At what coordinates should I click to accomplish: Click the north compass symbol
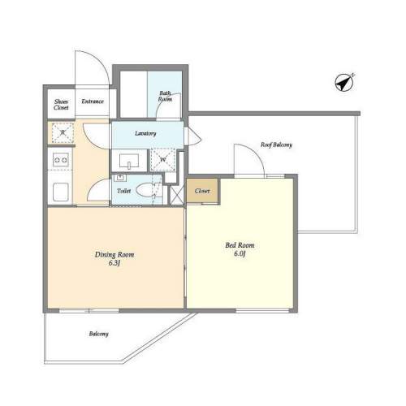344,82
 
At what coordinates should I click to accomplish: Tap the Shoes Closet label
61,105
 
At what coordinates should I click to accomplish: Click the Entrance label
93,101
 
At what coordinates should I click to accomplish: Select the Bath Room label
165,96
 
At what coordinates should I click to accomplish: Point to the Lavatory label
145,133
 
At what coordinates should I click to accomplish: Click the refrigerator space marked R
63,132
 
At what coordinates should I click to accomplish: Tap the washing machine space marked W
163,160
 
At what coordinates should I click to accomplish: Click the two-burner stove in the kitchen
61,160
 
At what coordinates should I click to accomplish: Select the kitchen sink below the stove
61,192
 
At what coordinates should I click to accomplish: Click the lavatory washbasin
129,161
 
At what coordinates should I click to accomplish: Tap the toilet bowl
145,190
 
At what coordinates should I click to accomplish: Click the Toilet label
124,191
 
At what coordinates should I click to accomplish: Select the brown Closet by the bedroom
202,191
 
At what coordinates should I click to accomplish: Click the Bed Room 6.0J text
240,249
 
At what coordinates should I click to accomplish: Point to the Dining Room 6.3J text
114,258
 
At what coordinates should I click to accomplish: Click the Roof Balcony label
276,145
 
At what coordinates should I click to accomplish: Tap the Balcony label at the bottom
99,334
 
